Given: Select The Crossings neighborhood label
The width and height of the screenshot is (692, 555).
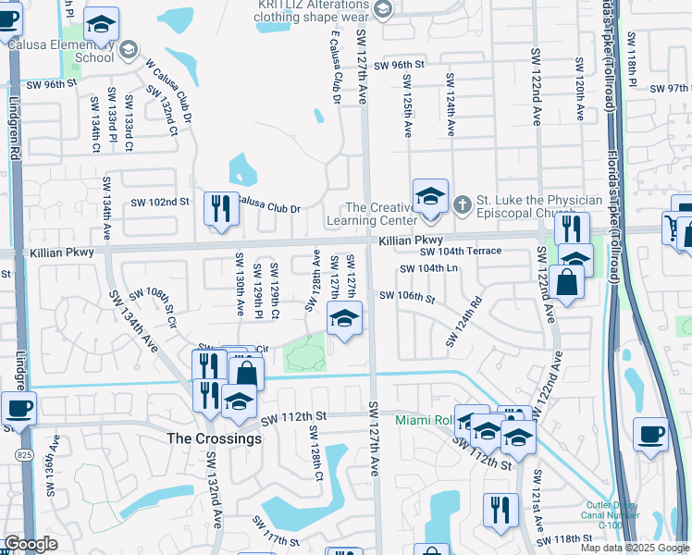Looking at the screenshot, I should [213, 438].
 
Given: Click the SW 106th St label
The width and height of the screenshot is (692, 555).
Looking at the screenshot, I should [407, 297].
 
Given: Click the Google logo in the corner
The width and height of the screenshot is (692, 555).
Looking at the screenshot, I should [31, 545].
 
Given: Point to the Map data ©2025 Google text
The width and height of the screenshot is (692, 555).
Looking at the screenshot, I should [634, 548].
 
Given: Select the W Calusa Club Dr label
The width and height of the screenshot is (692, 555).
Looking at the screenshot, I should [167, 92].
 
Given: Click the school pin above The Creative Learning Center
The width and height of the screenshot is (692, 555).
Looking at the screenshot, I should [430, 197].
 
